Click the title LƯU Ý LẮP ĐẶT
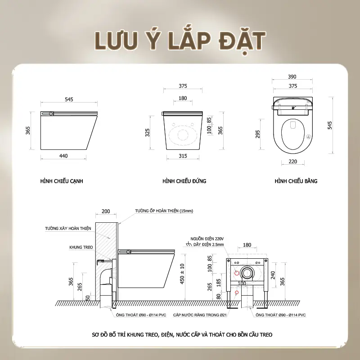180,41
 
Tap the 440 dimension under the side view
63,156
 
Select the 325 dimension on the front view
148,132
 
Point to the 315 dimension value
183,156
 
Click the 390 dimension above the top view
292,76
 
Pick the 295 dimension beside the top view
257,134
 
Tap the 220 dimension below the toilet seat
293,162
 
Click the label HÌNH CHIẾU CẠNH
62,181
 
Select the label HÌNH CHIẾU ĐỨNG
184,181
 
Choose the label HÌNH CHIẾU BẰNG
296,181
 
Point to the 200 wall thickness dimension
106,211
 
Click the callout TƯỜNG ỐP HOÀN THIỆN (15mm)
164,211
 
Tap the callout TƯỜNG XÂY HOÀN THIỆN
68,229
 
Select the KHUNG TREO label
81,247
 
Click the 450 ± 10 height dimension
182,274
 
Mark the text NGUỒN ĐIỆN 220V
207,239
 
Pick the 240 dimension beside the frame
273,275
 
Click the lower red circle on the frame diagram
237,292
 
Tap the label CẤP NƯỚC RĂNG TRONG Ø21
200,315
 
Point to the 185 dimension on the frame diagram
219,283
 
